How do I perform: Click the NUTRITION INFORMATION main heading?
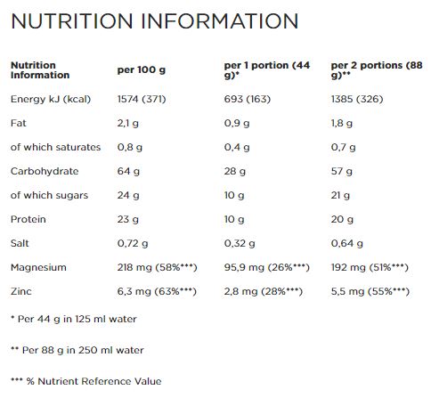tap(154, 21)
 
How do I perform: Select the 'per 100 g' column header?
tap(142, 70)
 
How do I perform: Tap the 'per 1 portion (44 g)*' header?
tap(267, 70)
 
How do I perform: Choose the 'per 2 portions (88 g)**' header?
tap(377, 70)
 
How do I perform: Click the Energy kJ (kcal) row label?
tap(51, 99)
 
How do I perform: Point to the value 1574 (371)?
tap(142, 99)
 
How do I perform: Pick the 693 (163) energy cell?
tap(248, 99)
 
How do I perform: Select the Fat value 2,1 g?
tap(128, 123)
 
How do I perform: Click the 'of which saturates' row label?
tap(56, 147)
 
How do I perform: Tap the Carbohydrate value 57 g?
tap(342, 171)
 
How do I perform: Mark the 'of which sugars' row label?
tap(50, 195)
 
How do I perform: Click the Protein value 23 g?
tap(128, 219)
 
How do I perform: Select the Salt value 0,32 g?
tap(240, 243)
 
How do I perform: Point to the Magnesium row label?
tap(38, 267)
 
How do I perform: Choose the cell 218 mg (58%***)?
tap(158, 267)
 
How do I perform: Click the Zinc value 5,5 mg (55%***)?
tap(370, 291)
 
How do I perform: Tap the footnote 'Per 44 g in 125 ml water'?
tap(74, 319)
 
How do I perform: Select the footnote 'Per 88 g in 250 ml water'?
tap(77, 350)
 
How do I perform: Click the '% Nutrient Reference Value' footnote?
tap(86, 381)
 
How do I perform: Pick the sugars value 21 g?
tap(340, 195)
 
